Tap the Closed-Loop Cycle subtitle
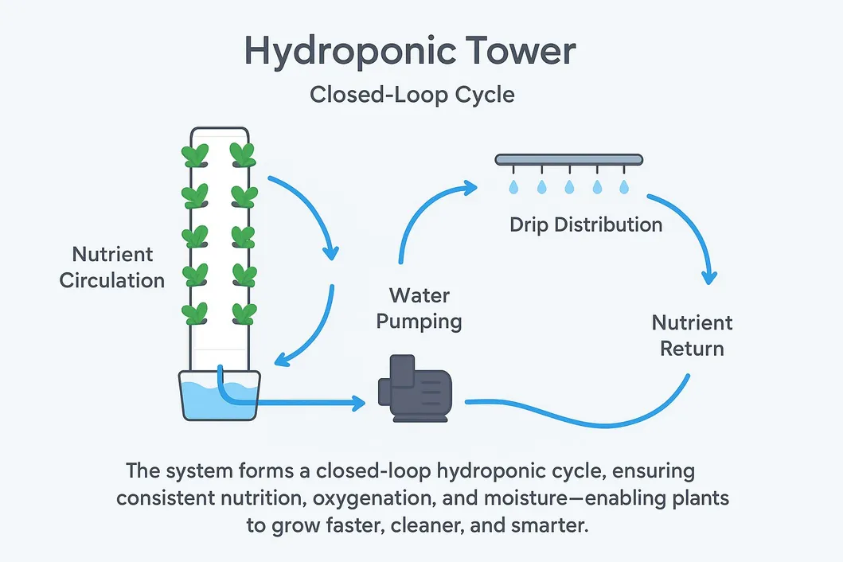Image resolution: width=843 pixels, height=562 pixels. pyautogui.click(x=412, y=95)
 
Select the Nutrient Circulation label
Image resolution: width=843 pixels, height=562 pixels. pyautogui.click(x=112, y=267)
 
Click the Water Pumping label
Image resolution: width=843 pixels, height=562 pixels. pyautogui.click(x=419, y=308)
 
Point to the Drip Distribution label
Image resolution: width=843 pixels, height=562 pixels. pyautogui.click(x=586, y=224)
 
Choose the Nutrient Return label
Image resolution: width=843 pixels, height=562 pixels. pyautogui.click(x=692, y=335)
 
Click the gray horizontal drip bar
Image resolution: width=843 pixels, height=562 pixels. pyautogui.click(x=568, y=159)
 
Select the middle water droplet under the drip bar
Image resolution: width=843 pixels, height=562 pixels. pyautogui.click(x=569, y=186)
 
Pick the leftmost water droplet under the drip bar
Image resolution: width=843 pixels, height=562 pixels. pyautogui.click(x=513, y=186)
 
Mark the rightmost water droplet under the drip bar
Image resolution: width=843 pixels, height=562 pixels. pyautogui.click(x=625, y=186)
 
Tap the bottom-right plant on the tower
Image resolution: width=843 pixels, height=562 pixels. pyautogui.click(x=244, y=312)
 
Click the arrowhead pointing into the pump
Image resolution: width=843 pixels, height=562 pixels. pyautogui.click(x=357, y=403)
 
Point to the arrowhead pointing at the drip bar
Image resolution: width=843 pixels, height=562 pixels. pyautogui.click(x=469, y=188)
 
